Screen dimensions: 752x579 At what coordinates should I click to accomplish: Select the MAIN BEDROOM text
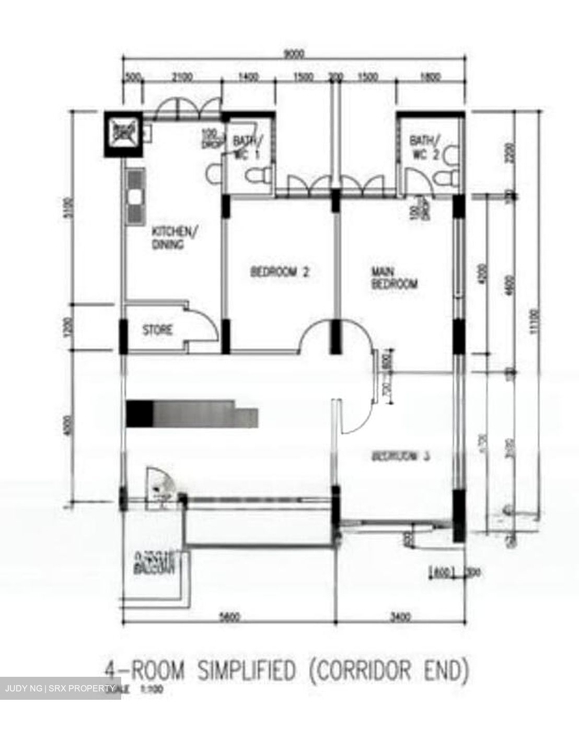[x=395, y=278]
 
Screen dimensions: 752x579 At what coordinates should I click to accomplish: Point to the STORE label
[x=157, y=330]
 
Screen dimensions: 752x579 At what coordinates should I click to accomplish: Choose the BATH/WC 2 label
[x=425, y=148]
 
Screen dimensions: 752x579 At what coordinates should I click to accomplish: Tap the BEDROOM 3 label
[x=400, y=456]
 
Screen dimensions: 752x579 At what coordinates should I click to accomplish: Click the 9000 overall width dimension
[x=293, y=54]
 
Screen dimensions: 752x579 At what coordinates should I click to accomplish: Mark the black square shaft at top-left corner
[x=123, y=134]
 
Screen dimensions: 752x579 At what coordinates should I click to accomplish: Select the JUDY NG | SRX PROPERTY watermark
[x=60, y=688]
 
